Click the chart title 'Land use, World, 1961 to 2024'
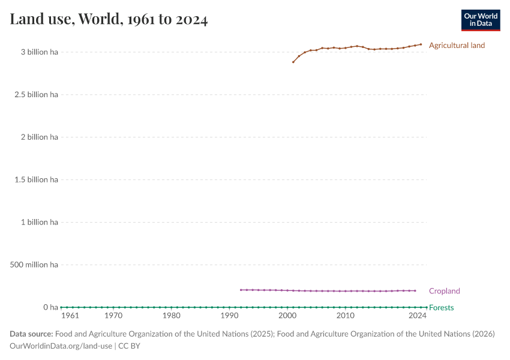click(109, 19)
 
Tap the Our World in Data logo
click(480, 20)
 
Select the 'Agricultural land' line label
click(457, 46)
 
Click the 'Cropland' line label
click(444, 291)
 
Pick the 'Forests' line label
click(441, 308)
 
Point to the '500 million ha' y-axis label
click(34, 265)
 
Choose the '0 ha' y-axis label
click(50, 307)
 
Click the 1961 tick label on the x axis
click(70, 316)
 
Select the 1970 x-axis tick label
click(113, 316)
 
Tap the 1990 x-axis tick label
click(229, 316)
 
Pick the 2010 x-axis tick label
click(345, 316)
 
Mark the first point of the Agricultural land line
click(293, 62)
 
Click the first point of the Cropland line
click(241, 290)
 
